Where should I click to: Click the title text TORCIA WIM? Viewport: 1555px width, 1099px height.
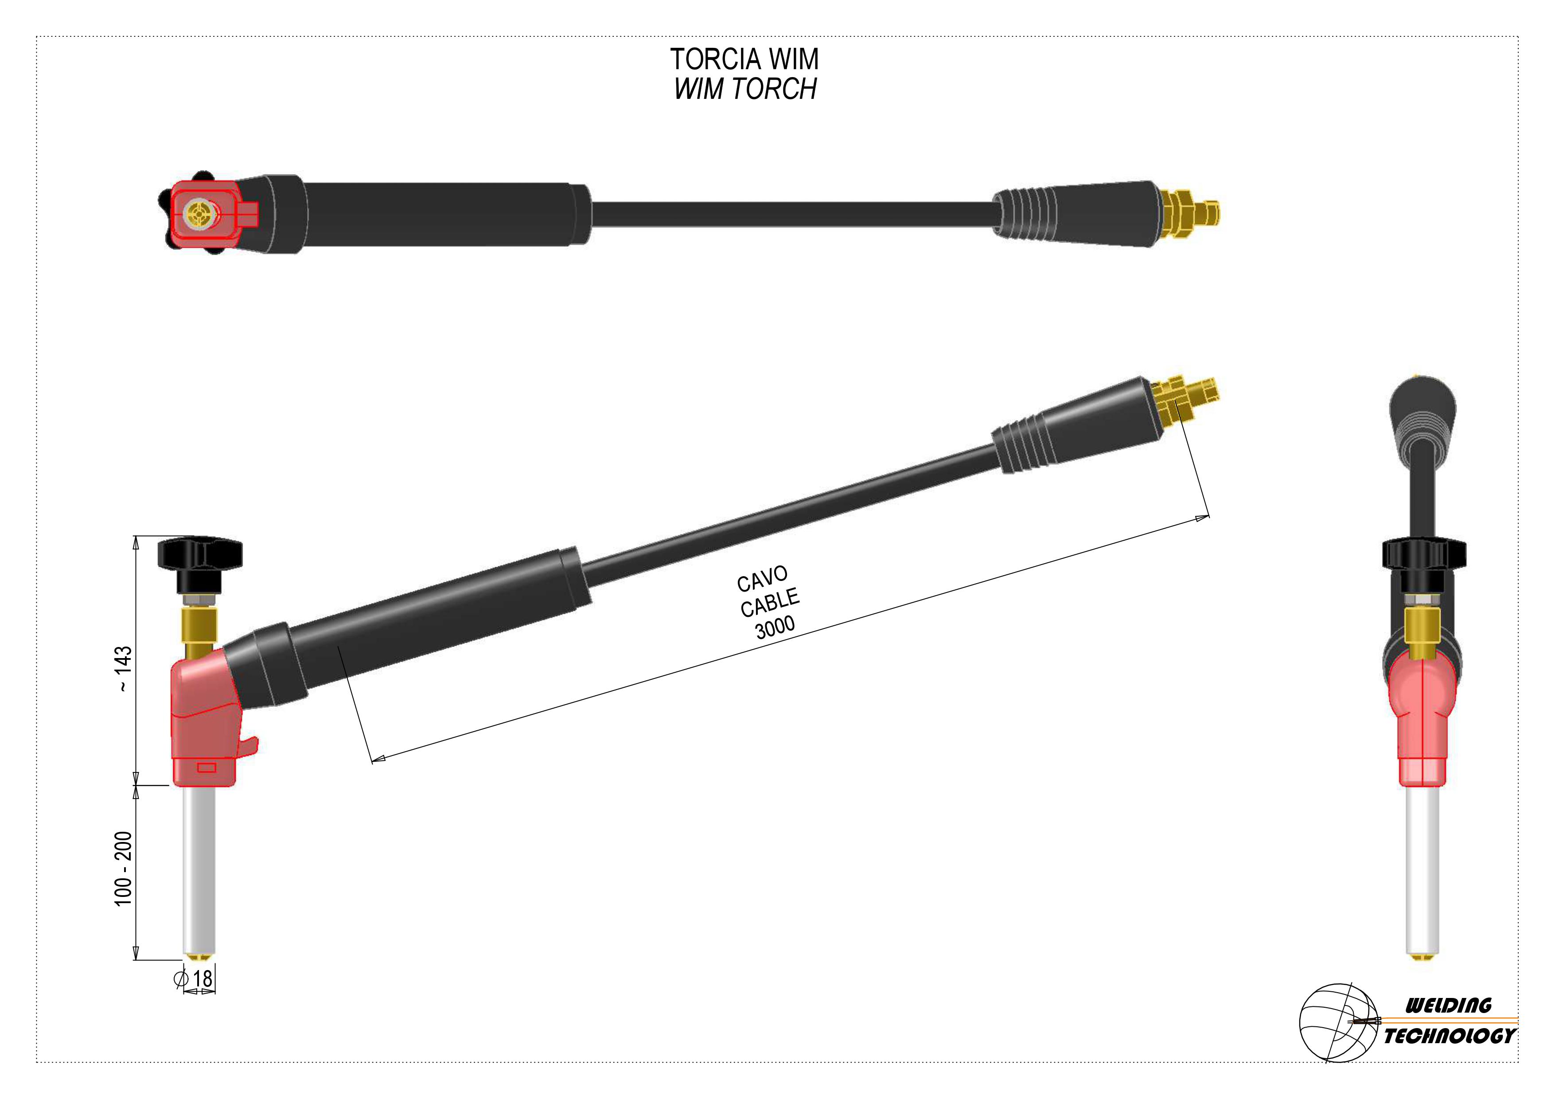point(744,59)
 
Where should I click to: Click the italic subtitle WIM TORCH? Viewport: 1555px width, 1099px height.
point(745,89)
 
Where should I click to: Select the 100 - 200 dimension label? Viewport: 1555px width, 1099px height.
point(123,868)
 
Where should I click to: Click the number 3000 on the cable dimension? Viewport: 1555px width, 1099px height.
point(775,627)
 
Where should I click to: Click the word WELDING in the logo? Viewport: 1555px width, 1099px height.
point(1449,1005)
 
